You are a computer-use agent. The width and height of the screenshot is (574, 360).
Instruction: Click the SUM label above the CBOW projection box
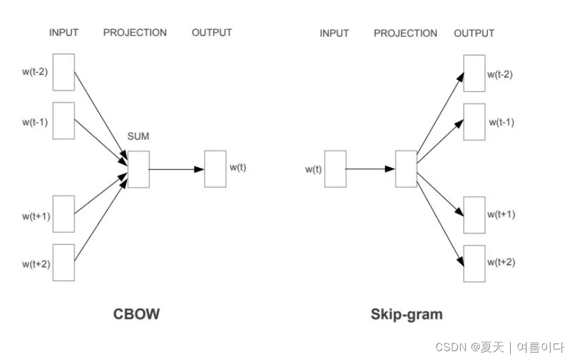(138, 137)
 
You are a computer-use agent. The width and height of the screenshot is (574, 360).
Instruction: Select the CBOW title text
(137, 314)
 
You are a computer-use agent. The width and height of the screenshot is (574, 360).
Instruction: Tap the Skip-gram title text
(407, 314)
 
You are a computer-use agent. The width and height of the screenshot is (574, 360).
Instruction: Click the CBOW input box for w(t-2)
(64, 72)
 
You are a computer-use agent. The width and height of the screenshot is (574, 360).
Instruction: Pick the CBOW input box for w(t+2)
(64, 263)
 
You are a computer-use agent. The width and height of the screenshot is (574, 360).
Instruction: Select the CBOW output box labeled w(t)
(215, 169)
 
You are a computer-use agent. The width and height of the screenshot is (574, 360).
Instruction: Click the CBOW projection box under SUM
(139, 170)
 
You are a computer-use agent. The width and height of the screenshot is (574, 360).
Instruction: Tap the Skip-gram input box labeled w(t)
(335, 169)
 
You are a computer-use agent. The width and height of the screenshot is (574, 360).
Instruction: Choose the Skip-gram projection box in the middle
(406, 169)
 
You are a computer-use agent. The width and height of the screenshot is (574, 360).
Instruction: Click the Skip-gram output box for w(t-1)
(475, 122)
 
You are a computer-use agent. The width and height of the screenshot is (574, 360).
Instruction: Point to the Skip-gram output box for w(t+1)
(475, 215)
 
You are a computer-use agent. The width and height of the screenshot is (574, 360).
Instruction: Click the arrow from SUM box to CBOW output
(177, 170)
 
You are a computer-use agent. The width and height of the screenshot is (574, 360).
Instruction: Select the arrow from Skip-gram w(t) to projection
(370, 169)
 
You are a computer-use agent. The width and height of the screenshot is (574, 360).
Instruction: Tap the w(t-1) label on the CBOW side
(35, 122)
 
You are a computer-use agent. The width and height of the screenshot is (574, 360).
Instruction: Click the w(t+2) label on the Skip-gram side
(501, 263)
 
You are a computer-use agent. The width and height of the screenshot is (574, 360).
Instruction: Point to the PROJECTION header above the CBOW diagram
(135, 33)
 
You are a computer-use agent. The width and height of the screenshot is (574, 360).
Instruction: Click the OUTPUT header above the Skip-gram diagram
(474, 34)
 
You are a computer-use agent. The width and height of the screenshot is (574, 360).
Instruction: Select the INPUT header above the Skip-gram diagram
(334, 34)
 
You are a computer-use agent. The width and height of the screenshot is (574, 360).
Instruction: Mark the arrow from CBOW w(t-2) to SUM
(101, 116)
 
